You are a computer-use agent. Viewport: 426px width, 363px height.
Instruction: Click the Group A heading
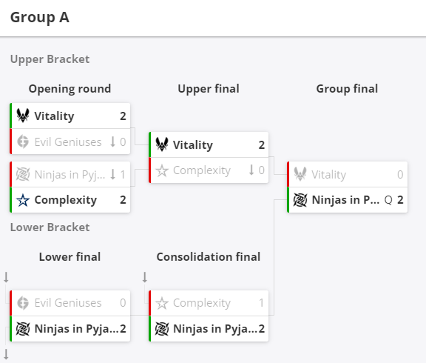(40, 18)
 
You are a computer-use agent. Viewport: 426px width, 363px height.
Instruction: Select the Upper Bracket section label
(50, 59)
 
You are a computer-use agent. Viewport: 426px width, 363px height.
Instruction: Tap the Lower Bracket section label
(50, 227)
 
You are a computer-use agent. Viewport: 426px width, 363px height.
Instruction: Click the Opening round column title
(70, 89)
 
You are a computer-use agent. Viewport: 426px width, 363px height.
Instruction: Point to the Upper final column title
(209, 89)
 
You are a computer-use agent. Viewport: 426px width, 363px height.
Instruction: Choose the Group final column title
(347, 89)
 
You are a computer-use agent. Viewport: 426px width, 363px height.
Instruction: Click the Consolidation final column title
(209, 257)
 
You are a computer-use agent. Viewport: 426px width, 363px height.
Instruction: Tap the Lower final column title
(70, 257)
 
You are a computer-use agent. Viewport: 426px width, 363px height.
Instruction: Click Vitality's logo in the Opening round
(23, 116)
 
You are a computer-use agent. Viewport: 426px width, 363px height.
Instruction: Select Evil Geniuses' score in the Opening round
(123, 141)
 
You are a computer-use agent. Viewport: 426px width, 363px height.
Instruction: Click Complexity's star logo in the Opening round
(23, 200)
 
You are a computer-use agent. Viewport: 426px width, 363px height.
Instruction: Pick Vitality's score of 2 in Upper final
(261, 145)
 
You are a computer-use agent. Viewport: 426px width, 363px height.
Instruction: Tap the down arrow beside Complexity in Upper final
(251, 170)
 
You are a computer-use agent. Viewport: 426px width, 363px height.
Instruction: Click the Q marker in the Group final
(388, 201)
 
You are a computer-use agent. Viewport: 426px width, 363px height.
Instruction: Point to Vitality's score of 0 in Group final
(400, 174)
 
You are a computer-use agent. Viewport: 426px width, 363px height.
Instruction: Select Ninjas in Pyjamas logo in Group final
(300, 200)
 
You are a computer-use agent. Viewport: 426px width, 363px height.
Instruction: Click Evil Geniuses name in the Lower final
(68, 303)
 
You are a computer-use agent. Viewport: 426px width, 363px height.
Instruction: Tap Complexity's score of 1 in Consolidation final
(261, 303)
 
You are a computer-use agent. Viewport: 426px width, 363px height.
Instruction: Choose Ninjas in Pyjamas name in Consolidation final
(215, 329)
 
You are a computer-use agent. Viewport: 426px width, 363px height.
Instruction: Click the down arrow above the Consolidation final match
(145, 277)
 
